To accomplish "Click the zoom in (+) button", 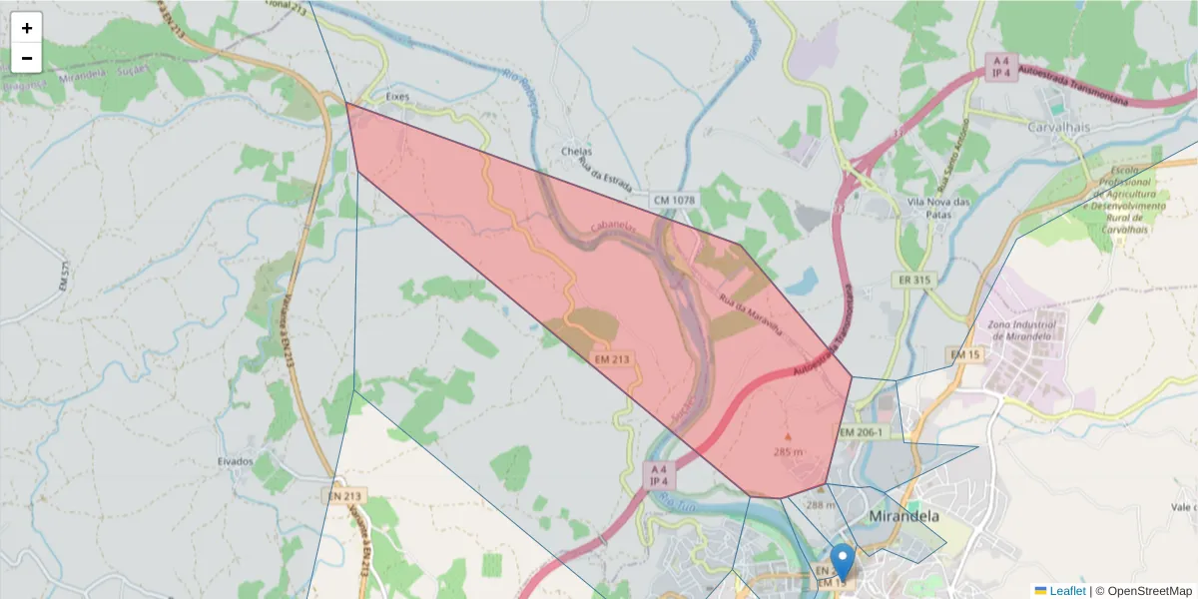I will [27, 28].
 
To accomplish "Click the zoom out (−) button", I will [27, 58].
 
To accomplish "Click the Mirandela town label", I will [904, 517].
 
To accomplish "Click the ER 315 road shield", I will [913, 280].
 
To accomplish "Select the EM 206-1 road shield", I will [860, 432].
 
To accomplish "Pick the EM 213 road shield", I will [613, 357].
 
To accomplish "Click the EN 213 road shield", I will [347, 495].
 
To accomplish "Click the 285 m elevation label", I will [788, 452].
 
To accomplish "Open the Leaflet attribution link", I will [1067, 591].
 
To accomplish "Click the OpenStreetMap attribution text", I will [1143, 591].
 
